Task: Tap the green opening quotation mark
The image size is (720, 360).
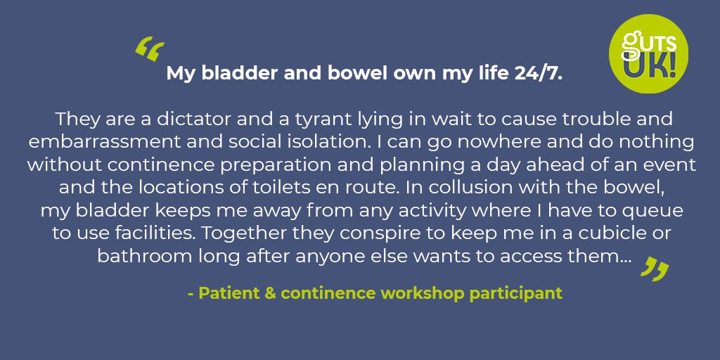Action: click(149, 51)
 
